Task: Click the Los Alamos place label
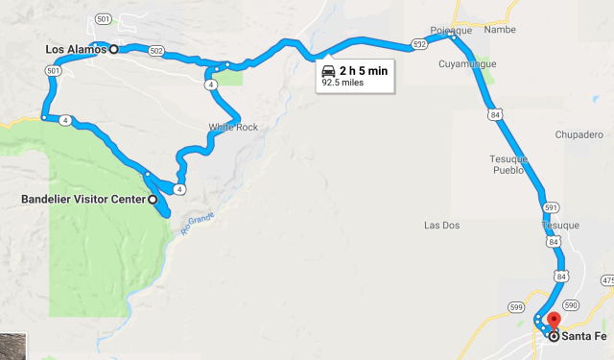(x=76, y=49)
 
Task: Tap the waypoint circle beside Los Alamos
(x=113, y=49)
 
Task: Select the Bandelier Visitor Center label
(x=83, y=200)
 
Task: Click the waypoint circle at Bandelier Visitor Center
(x=152, y=200)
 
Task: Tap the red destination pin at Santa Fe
(x=554, y=324)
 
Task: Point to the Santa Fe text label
(x=586, y=336)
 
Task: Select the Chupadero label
(x=577, y=134)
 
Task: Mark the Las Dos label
(x=443, y=226)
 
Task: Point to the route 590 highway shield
(x=573, y=304)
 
